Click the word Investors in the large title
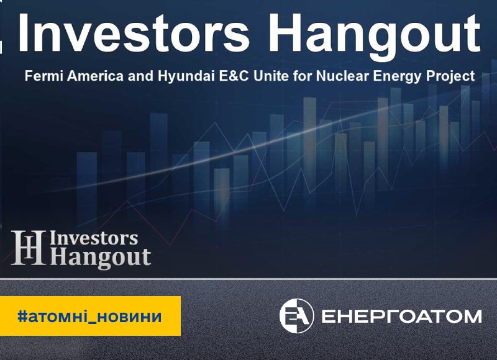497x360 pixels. [134, 33]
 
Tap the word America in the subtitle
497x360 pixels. [95, 76]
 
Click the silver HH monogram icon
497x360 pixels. [27, 248]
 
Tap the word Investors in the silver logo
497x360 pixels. [94, 238]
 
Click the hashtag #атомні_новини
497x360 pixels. [89, 317]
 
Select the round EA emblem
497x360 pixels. [296, 316]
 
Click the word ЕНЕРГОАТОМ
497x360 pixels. [401, 317]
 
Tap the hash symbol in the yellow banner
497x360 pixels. [22, 316]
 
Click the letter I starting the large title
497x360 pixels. [23, 33]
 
